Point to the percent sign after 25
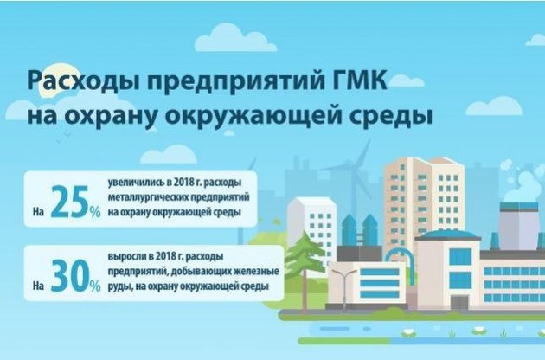[x=94, y=211]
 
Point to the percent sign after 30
[x=95, y=286]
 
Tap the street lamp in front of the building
[x=343, y=290]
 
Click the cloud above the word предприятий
[x=235, y=39]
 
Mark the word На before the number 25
[x=38, y=212]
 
